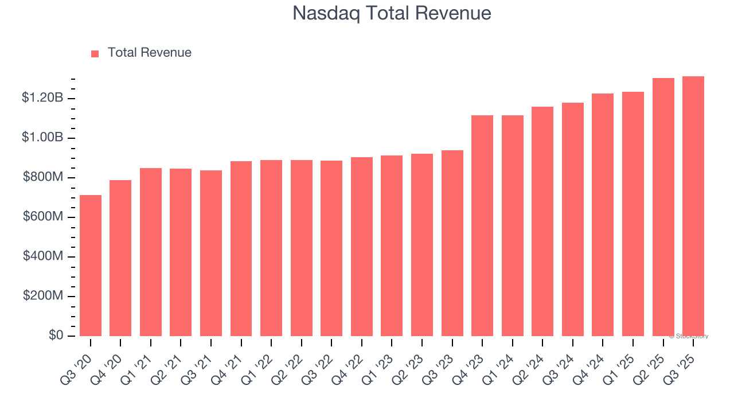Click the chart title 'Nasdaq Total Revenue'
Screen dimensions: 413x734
(x=392, y=13)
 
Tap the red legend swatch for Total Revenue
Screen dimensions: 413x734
(x=95, y=53)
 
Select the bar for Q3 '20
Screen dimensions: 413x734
(x=91, y=266)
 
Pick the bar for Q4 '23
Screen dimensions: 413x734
(x=482, y=225)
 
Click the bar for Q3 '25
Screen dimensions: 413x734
(x=693, y=206)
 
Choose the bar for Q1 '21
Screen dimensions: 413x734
(x=151, y=252)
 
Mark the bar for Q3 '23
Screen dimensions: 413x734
(x=452, y=243)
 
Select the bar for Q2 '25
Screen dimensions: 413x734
(x=663, y=207)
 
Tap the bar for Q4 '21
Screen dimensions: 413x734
(x=241, y=248)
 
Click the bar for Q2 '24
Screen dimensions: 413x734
(x=542, y=221)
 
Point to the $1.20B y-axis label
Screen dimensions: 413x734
(x=42, y=98)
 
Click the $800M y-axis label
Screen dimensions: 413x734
(x=43, y=177)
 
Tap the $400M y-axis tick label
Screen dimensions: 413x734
(x=43, y=256)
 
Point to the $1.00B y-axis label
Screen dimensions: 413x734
(x=42, y=138)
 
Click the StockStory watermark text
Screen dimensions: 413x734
(x=689, y=336)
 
